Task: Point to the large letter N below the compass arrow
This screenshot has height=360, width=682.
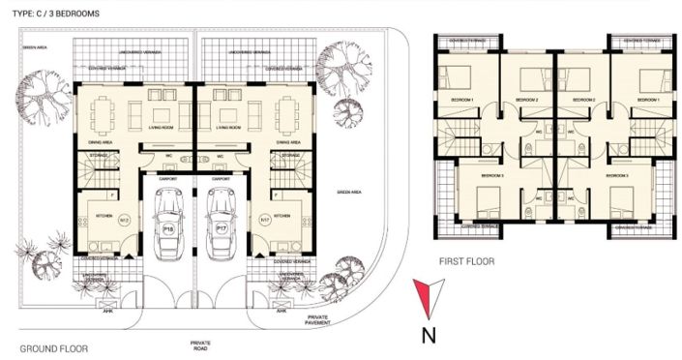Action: (x=428, y=336)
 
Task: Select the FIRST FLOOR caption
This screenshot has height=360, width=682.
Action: (x=466, y=261)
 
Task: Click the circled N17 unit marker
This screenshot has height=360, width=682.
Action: (x=264, y=220)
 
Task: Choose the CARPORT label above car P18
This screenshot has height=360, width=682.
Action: (x=166, y=179)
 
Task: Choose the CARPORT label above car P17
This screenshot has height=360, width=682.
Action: (x=221, y=179)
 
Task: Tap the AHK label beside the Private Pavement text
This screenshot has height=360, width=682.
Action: (x=282, y=312)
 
